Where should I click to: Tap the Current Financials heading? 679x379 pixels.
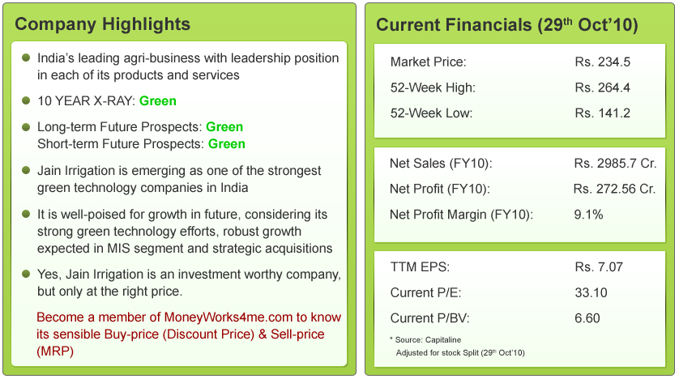(507, 24)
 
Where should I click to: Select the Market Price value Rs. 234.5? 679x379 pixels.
(603, 62)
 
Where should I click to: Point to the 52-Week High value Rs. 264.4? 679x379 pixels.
(603, 87)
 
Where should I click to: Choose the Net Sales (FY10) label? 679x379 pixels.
(441, 164)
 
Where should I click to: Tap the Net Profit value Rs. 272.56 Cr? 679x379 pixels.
(614, 189)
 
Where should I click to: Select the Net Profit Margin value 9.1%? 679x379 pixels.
(588, 215)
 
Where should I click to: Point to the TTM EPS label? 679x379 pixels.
(420, 267)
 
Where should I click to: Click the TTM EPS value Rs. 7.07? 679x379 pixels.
(600, 267)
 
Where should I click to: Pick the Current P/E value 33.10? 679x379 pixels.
(591, 292)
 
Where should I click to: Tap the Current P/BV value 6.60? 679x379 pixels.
(587, 318)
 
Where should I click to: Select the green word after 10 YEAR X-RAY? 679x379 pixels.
(158, 101)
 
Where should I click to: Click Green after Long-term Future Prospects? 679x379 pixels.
(224, 127)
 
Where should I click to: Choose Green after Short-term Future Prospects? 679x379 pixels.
(227, 144)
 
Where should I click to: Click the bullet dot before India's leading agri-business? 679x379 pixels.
(27, 58)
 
